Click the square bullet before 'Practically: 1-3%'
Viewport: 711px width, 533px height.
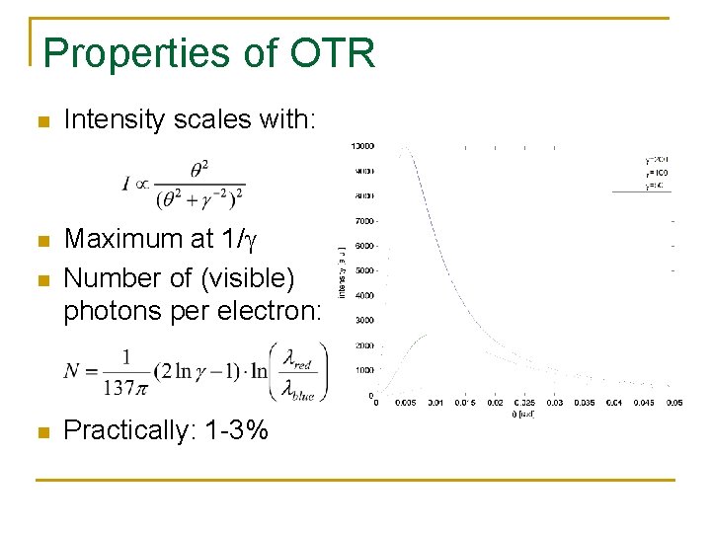click(x=41, y=431)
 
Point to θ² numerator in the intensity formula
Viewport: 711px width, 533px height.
click(x=198, y=171)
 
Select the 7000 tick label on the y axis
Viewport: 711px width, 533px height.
click(x=362, y=221)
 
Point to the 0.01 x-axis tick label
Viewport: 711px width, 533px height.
click(x=435, y=402)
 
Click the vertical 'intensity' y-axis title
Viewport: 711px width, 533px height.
click(x=343, y=271)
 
